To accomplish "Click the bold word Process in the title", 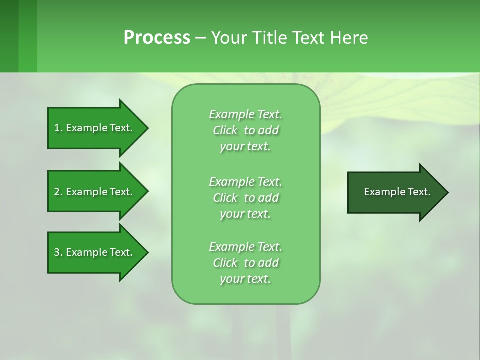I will click(x=157, y=38).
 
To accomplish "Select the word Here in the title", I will click(x=349, y=38).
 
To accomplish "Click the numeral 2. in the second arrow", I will click(x=58, y=192).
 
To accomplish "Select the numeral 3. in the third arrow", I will click(x=58, y=252).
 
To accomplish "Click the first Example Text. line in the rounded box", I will click(x=245, y=114).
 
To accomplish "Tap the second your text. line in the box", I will click(x=245, y=214).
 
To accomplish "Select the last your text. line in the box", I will click(x=245, y=279).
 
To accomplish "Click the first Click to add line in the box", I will click(x=245, y=130).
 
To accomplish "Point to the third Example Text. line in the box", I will click(x=245, y=247).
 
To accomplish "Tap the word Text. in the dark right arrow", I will click(x=420, y=192).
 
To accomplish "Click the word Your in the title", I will click(x=229, y=38).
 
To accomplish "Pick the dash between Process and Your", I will click(x=200, y=38).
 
